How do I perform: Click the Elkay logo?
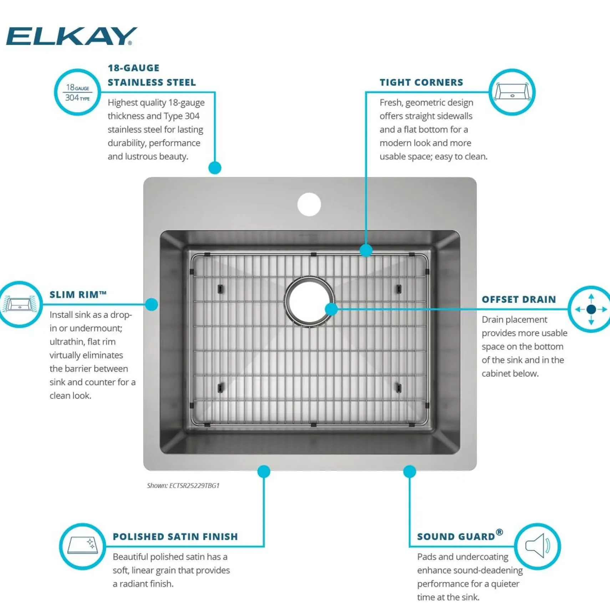71,36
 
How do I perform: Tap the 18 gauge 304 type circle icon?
77,92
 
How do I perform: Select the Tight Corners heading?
421,82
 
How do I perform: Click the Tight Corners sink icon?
512,92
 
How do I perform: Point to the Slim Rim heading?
78,295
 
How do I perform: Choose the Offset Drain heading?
519,299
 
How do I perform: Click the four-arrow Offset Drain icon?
591,309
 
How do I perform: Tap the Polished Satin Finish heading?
175,537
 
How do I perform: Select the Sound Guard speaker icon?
538,546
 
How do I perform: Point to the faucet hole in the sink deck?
309,204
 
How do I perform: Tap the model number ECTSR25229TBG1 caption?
183,486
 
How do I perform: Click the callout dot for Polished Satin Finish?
264,471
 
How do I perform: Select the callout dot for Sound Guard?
410,471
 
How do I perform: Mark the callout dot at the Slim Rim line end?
152,304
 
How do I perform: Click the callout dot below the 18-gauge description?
215,168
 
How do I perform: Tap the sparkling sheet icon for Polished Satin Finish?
83,546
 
